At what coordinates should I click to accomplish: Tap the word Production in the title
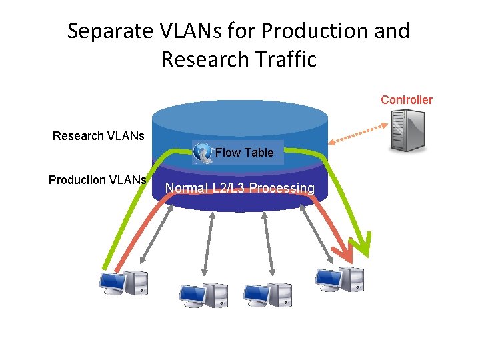[317, 31]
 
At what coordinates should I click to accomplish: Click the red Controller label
[406, 100]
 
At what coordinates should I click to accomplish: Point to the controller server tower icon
[407, 130]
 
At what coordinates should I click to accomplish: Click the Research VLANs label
[99, 137]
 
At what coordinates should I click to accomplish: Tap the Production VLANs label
[97, 180]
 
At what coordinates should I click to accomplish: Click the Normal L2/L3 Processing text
[240, 189]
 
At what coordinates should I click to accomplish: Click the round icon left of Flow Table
[203, 153]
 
